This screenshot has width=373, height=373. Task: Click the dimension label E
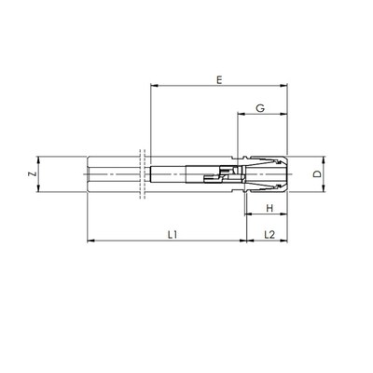point(217,81)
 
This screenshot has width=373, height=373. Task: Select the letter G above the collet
point(261,110)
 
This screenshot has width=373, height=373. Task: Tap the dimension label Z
point(31,174)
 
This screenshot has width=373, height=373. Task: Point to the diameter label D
point(317,174)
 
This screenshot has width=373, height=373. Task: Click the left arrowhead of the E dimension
point(153,90)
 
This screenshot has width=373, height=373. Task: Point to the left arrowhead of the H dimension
point(250,215)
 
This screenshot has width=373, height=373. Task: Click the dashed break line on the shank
point(143,174)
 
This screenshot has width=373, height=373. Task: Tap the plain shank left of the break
point(112,174)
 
